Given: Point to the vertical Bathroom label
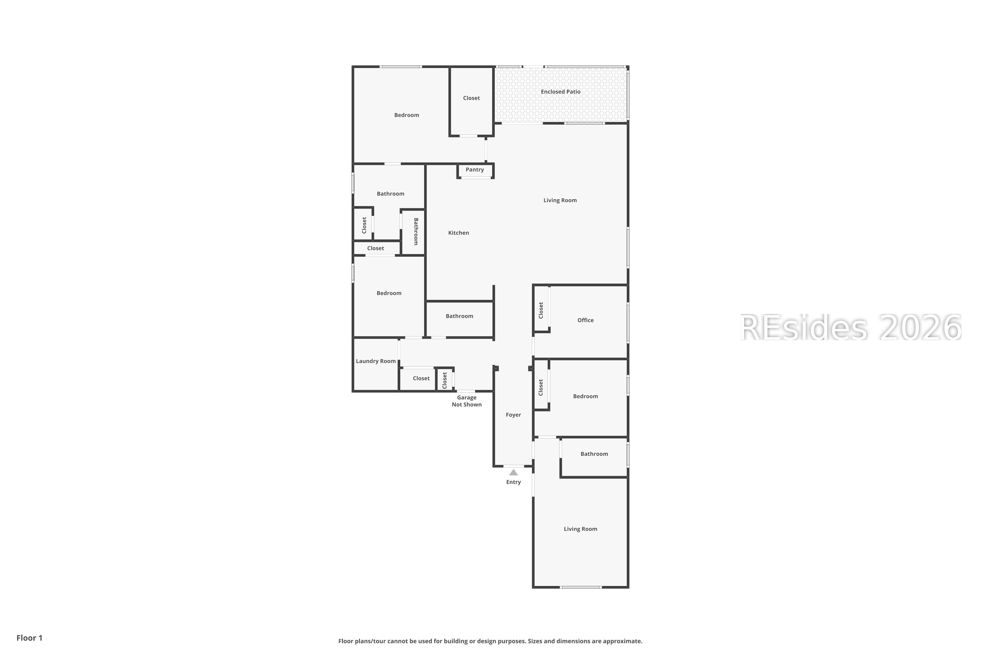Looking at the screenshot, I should click(x=416, y=232).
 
